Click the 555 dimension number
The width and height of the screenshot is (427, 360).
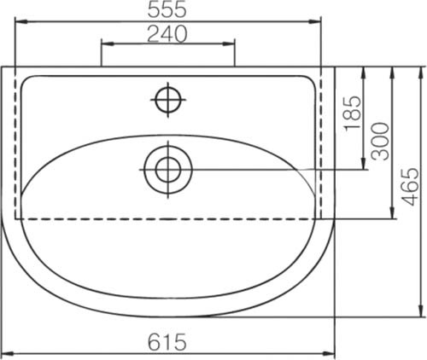167,9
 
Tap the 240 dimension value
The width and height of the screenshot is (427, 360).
167,34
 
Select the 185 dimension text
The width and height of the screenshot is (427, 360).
354,113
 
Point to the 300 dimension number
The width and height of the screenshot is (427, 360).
381,141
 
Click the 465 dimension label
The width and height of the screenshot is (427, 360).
411,187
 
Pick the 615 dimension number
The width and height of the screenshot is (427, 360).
167,342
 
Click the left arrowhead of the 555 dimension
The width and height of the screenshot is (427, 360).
21,21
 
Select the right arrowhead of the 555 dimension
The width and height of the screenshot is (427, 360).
314,21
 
